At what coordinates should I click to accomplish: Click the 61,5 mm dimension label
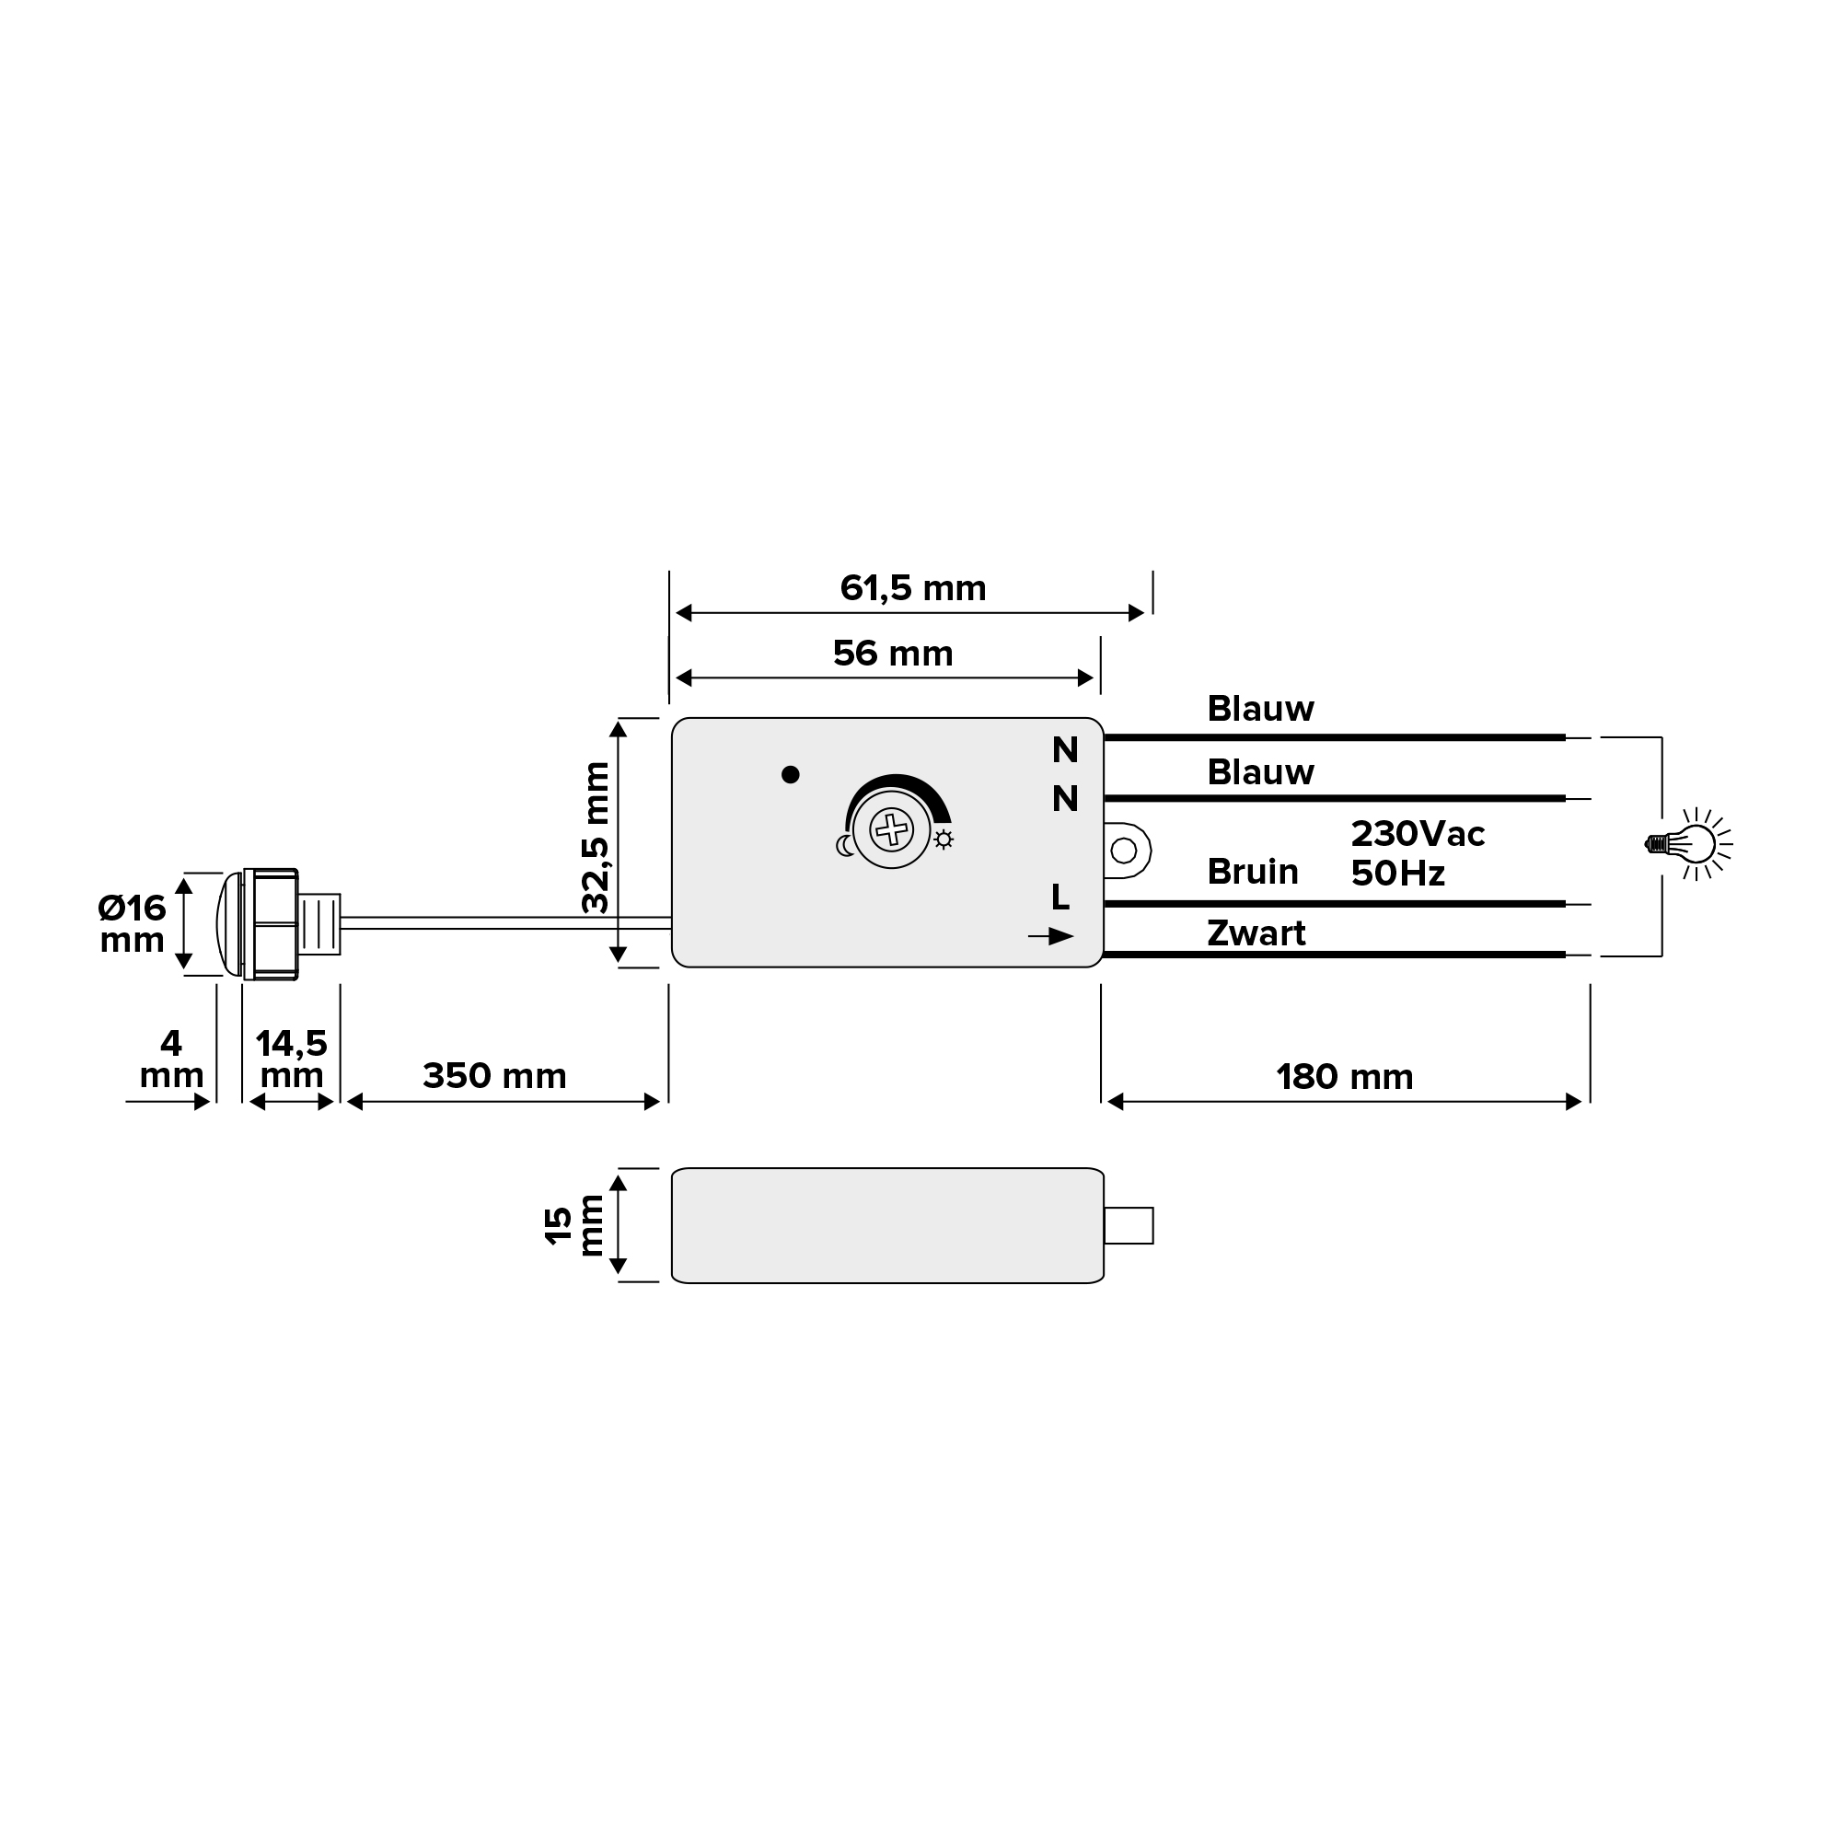click(913, 589)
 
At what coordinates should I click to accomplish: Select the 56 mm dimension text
click(893, 654)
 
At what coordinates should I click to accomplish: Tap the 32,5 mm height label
click(596, 838)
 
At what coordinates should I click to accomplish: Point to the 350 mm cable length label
click(494, 1077)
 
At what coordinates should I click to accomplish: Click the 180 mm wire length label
click(1345, 1078)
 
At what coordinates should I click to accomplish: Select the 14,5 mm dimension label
click(292, 1059)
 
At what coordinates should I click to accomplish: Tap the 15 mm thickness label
click(573, 1224)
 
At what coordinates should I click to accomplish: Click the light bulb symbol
click(1689, 843)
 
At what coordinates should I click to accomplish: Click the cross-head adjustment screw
click(892, 829)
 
